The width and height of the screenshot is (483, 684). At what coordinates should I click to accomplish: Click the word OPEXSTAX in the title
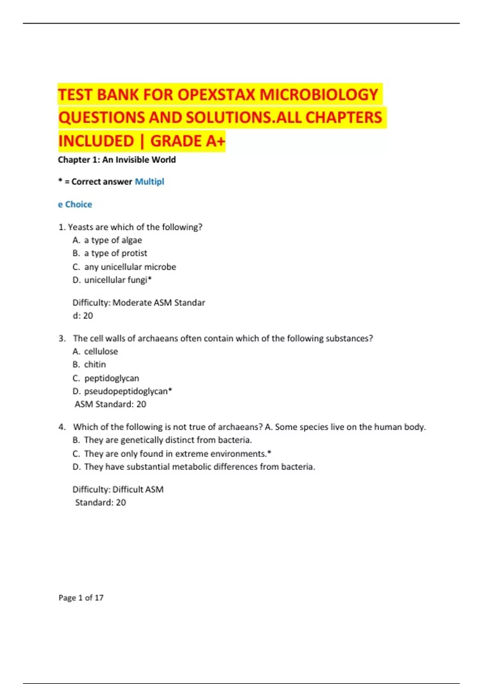click(216, 95)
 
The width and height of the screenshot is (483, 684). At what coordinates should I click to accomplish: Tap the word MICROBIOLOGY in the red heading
click(318, 95)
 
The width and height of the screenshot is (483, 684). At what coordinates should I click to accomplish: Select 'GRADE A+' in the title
click(188, 141)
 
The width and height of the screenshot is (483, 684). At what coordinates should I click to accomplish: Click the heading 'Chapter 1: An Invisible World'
click(117, 160)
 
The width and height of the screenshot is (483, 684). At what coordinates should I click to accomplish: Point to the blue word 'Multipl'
click(149, 181)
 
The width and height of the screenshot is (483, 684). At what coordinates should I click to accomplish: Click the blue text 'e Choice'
click(75, 204)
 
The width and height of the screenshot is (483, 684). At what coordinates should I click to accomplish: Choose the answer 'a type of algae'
click(113, 240)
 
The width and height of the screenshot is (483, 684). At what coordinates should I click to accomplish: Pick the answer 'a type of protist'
click(116, 253)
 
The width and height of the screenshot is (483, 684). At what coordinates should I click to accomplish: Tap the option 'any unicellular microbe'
click(130, 267)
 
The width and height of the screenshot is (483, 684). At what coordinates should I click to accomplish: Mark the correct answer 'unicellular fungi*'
click(118, 280)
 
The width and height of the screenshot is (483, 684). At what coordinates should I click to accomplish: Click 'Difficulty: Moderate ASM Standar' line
click(138, 303)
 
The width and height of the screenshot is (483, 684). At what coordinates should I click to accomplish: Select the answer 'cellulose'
click(101, 351)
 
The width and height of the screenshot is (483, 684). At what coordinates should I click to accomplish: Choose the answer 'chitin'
click(95, 364)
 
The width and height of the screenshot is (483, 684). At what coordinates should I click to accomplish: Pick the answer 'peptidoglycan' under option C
click(111, 378)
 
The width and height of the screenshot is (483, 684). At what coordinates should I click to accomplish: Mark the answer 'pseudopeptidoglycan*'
click(128, 391)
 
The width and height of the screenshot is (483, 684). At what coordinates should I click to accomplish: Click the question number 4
click(62, 427)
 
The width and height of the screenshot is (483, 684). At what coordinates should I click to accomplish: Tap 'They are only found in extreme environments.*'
click(178, 454)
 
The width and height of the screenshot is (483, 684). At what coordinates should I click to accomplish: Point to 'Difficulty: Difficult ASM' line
click(118, 489)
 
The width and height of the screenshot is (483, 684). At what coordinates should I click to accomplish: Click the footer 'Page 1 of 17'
click(81, 597)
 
